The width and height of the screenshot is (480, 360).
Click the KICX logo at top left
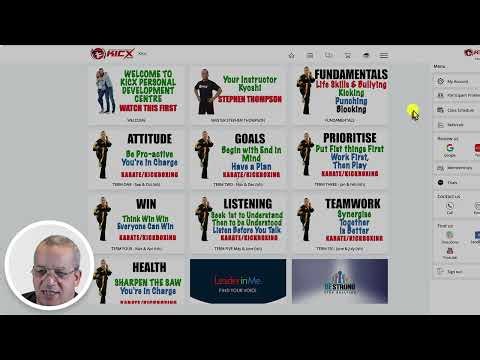click(x=111, y=53)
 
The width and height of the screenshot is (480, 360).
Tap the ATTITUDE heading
click(x=149, y=139)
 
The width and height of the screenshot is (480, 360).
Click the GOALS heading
click(x=250, y=139)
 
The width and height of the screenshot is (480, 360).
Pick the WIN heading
click(x=147, y=203)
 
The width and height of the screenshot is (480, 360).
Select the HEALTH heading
click(x=149, y=267)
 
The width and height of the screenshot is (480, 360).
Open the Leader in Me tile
click(x=238, y=281)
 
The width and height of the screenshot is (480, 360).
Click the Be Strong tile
click(x=339, y=281)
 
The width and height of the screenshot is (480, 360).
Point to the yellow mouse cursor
click(x=414, y=113)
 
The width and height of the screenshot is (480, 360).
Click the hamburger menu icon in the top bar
click(x=383, y=55)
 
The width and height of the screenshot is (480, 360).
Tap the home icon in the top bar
click(x=291, y=55)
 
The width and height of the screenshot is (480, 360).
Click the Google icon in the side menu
click(x=450, y=147)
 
